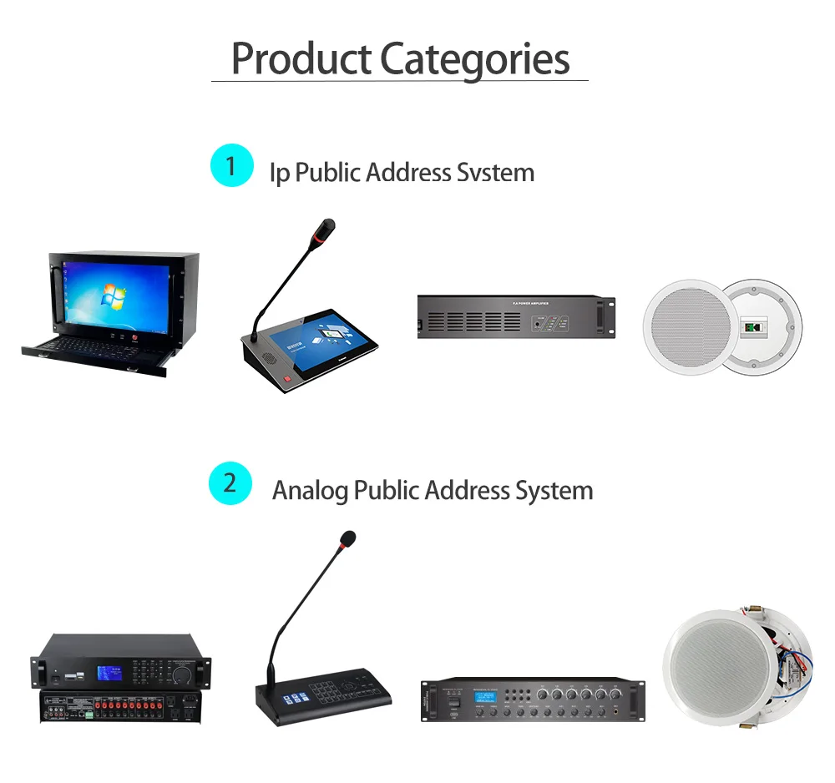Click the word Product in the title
(x=301, y=58)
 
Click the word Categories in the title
(x=474, y=58)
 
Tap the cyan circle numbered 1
(x=231, y=165)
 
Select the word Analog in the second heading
(x=310, y=490)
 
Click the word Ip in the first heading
(x=279, y=173)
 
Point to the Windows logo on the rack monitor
(x=108, y=296)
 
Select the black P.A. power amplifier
(x=516, y=316)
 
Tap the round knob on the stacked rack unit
(x=181, y=672)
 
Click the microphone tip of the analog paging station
(x=347, y=539)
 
